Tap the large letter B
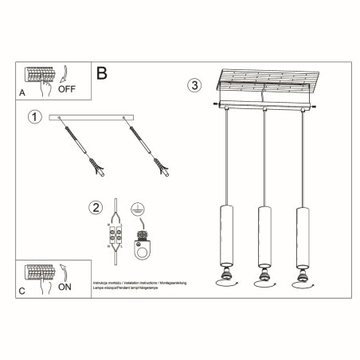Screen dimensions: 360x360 click(x=102, y=74)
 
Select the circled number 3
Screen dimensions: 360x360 click(x=193, y=85)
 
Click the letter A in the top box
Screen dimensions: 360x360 click(x=22, y=92)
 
